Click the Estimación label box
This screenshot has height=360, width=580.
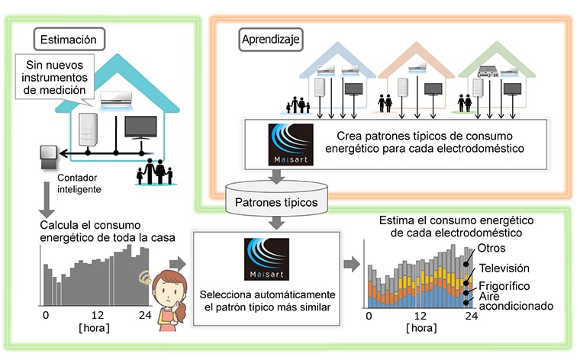point(69,39)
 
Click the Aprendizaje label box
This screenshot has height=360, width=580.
point(271,39)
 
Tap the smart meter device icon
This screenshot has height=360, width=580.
point(48,156)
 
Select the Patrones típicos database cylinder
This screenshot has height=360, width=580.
point(276,198)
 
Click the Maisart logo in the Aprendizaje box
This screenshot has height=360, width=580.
point(291,144)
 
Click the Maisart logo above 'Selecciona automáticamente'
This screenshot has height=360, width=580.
point(266,259)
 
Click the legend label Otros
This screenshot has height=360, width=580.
point(491,248)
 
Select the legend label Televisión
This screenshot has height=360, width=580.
point(504,268)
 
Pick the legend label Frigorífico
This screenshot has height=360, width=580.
point(504,286)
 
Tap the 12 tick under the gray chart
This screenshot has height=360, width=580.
point(97,315)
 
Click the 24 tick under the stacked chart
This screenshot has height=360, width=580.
point(472,316)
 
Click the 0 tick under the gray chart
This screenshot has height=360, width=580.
point(46,315)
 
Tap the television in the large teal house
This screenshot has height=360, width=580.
point(140,128)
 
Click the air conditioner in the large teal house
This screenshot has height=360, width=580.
point(116,100)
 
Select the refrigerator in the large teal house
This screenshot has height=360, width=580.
point(88,130)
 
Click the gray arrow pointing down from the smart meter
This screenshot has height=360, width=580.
point(47,200)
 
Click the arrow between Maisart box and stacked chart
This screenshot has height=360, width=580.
point(352,264)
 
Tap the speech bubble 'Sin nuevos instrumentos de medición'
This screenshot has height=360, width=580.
point(54,77)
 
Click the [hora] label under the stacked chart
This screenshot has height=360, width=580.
point(421,328)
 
